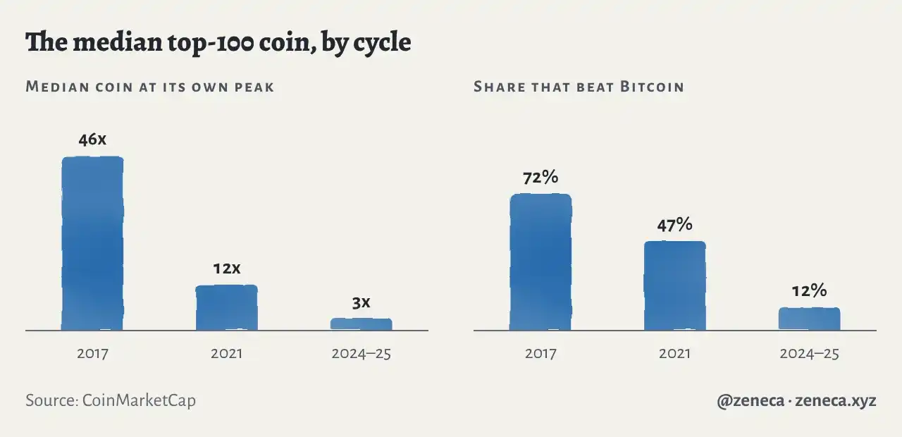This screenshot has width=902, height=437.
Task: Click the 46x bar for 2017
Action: click(x=92, y=243)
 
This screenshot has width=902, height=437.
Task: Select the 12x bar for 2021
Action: click(x=227, y=308)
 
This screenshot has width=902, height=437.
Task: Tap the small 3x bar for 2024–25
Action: click(x=362, y=324)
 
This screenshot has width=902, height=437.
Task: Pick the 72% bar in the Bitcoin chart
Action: click(x=540, y=261)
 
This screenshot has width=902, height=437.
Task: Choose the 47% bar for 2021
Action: click(x=675, y=285)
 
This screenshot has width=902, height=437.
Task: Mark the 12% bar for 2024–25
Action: click(x=810, y=319)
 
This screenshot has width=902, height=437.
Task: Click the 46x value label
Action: click(x=92, y=140)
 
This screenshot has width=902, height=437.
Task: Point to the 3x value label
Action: click(x=362, y=303)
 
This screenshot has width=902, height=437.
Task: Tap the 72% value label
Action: click(x=540, y=177)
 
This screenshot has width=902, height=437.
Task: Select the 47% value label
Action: click(x=675, y=225)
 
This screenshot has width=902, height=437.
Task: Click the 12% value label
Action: click(x=810, y=291)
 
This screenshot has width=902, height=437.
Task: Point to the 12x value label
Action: click(x=227, y=269)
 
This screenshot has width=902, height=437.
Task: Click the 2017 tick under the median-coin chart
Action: click(x=92, y=354)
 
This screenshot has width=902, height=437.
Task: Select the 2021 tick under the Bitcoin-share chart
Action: click(x=675, y=354)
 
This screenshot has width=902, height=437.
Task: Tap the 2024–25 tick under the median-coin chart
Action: click(x=362, y=354)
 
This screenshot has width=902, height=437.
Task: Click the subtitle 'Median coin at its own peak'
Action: click(x=150, y=87)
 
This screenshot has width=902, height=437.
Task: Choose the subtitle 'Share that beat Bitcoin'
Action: click(x=579, y=87)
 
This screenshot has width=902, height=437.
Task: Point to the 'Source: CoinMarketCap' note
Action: click(x=111, y=400)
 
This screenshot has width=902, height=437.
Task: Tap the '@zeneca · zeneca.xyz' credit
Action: click(x=796, y=401)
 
